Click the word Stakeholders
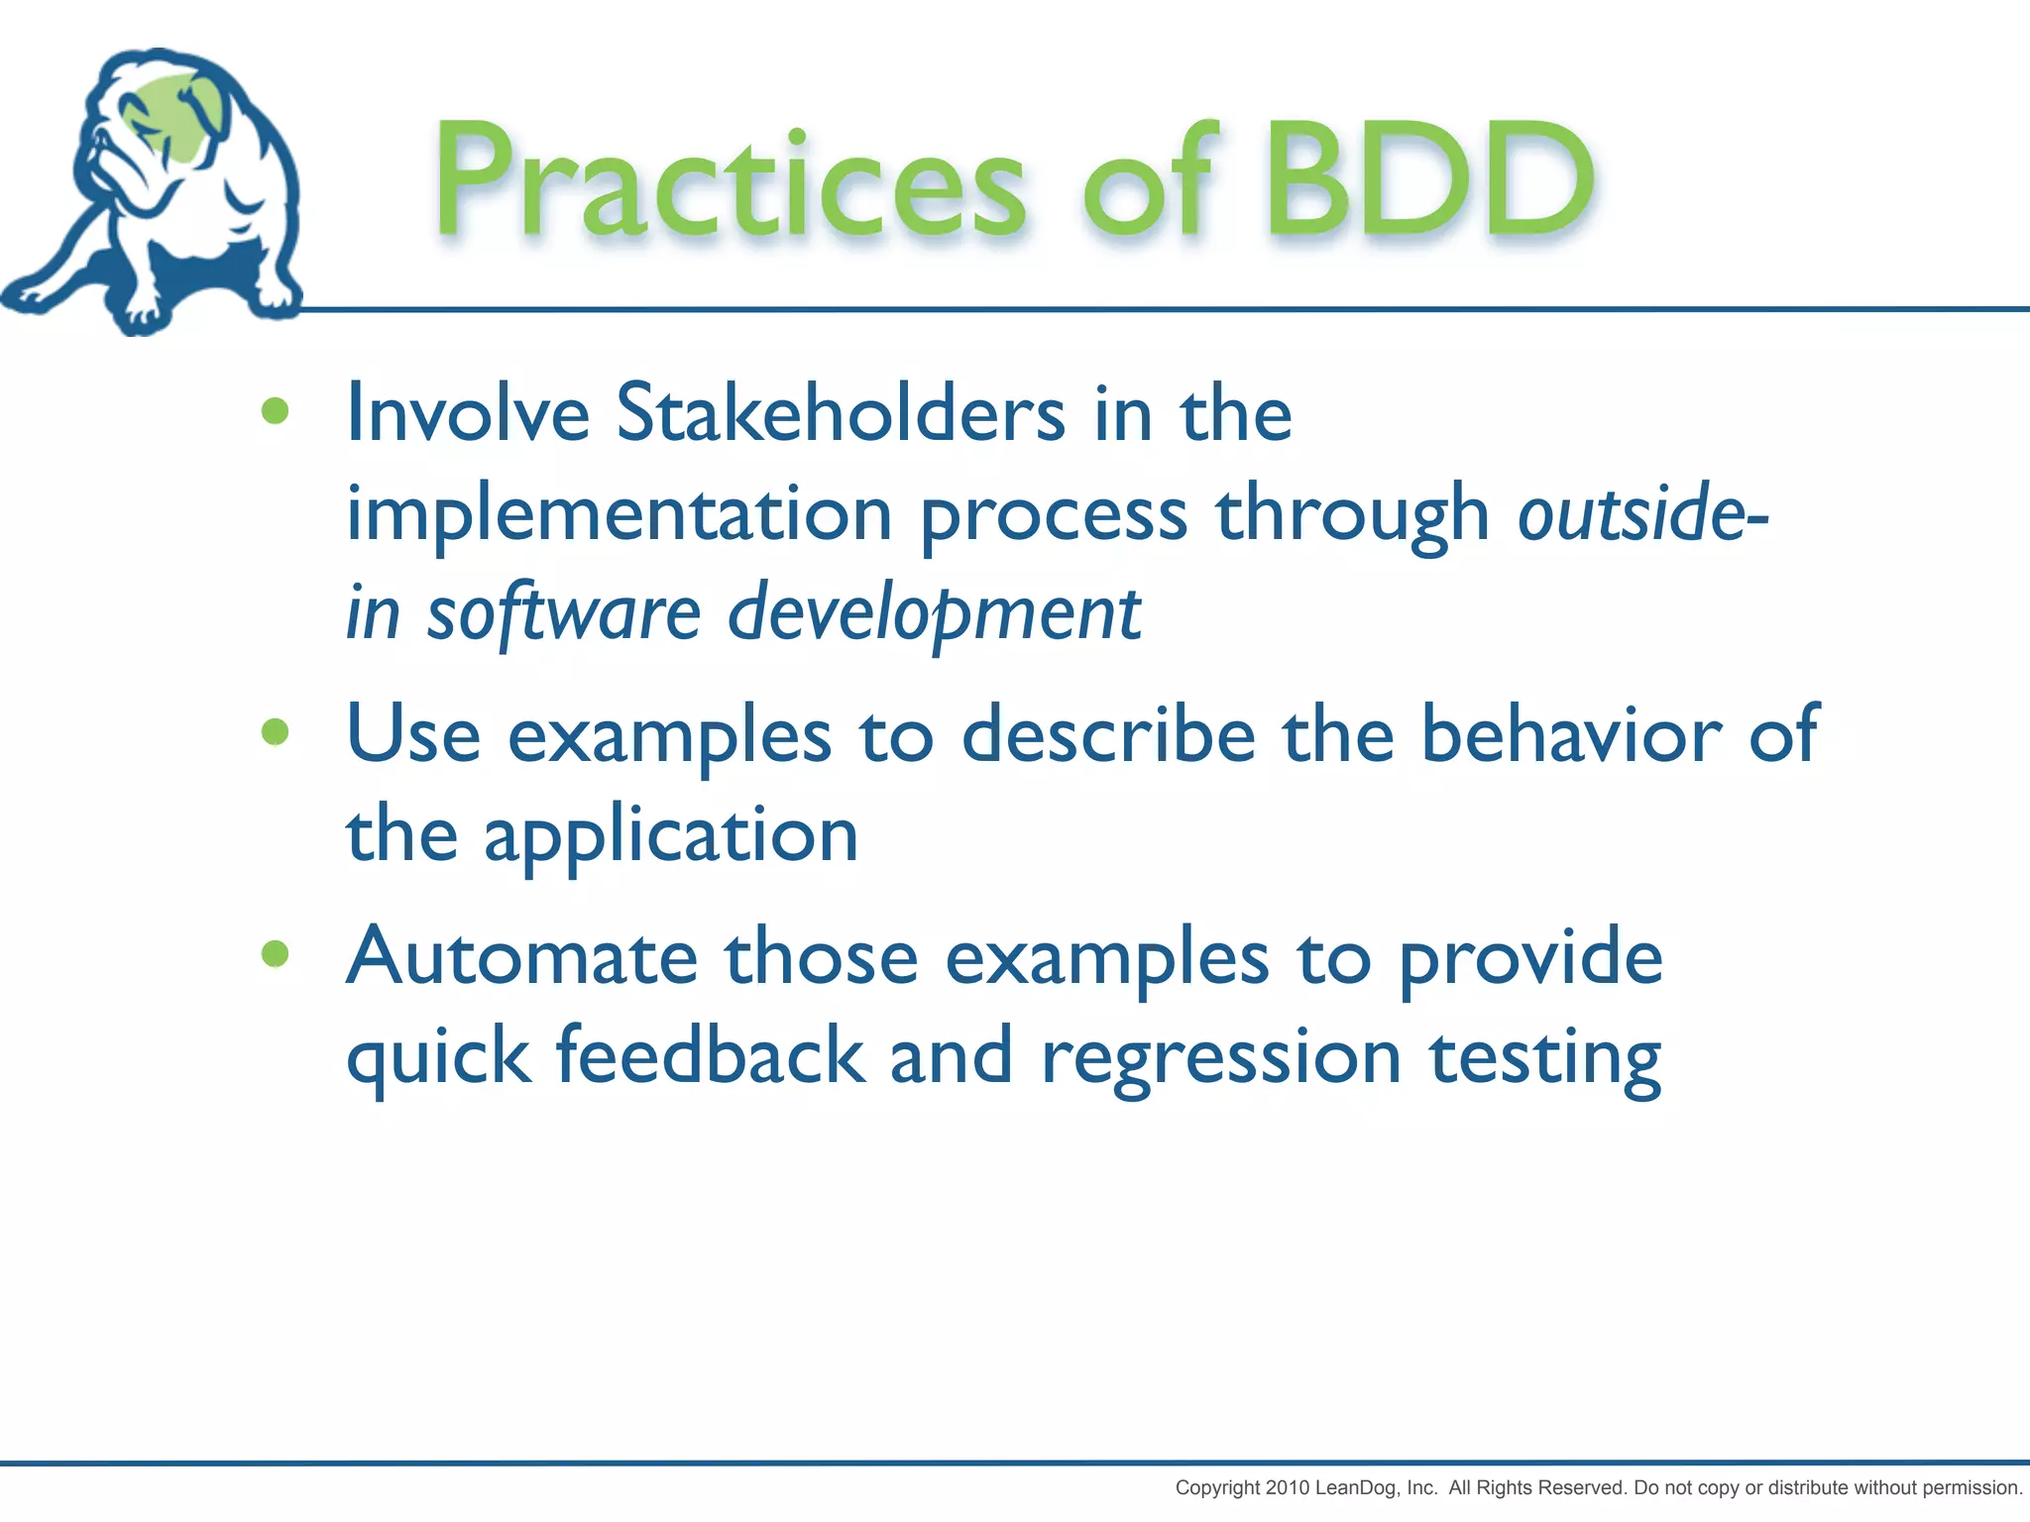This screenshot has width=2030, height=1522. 841,413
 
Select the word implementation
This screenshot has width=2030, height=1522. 620,515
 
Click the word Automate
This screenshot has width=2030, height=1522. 522,957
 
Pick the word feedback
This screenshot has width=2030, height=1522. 710,1056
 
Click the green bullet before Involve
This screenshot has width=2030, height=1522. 275,411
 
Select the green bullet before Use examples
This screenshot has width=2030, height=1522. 275,732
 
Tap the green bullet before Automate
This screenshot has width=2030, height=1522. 275,954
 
